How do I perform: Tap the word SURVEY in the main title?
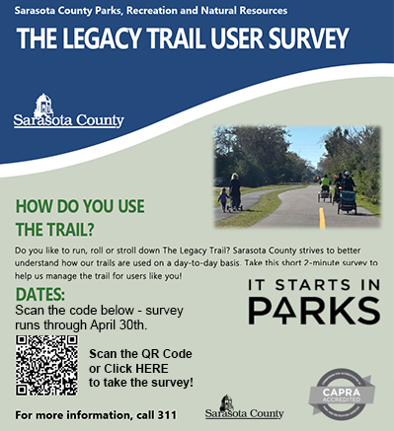(299, 39)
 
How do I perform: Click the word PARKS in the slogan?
(313, 311)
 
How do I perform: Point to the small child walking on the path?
(223, 200)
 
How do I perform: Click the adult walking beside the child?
(236, 191)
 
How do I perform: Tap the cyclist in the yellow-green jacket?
(325, 183)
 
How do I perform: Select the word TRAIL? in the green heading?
(58, 230)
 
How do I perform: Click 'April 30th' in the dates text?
(119, 324)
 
